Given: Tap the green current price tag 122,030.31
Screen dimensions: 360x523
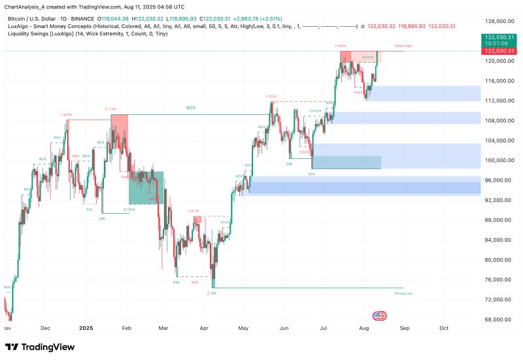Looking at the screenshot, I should click(x=499, y=38).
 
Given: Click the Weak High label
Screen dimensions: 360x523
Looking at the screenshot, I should click(x=403, y=46).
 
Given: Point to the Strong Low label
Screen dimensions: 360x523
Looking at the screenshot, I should click(x=403, y=293).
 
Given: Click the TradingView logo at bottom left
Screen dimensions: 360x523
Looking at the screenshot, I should click(x=39, y=347).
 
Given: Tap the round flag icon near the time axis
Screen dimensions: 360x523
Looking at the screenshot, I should click(x=379, y=316).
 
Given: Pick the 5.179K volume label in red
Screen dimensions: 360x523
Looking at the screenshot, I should click(x=110, y=109).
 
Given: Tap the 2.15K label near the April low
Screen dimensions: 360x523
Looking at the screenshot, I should click(x=212, y=293).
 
